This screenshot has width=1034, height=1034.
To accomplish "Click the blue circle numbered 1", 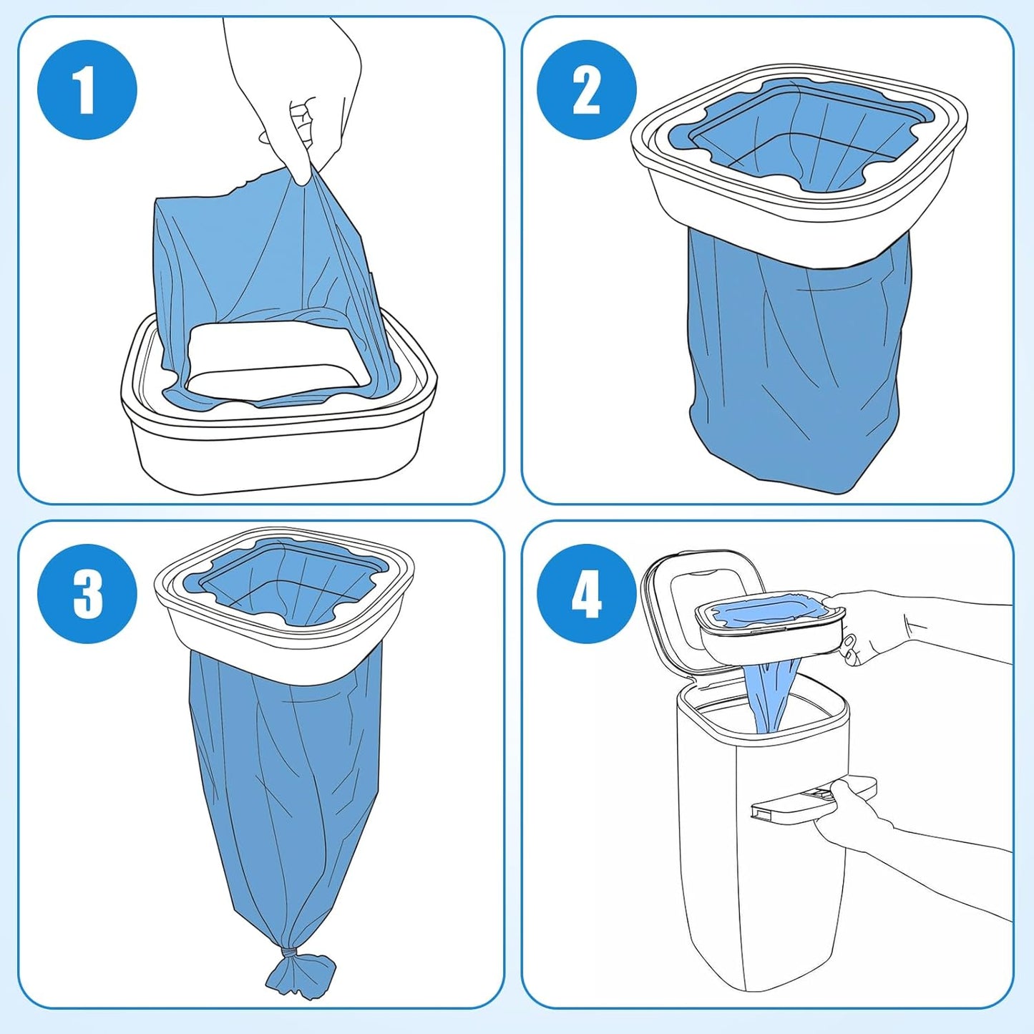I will [87, 89].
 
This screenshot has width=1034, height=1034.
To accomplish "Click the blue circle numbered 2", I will [586, 89].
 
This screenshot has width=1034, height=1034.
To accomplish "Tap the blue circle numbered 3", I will [87, 593].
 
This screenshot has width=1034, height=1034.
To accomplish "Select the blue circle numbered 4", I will [586, 593].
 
